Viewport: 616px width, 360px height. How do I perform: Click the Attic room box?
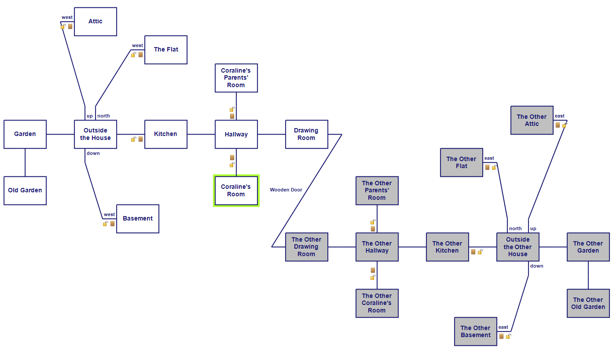click(x=95, y=22)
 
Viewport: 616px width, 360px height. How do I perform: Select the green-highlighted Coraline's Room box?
click(x=236, y=191)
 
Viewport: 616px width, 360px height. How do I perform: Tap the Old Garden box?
click(x=25, y=191)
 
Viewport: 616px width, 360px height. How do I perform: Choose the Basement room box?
click(x=138, y=219)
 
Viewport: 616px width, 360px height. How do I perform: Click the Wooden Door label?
click(x=286, y=190)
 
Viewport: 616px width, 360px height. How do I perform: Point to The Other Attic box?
click(x=532, y=120)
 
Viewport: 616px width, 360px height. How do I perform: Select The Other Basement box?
click(x=476, y=331)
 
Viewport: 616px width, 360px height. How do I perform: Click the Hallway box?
click(x=236, y=134)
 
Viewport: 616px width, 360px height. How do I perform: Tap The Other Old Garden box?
click(x=588, y=303)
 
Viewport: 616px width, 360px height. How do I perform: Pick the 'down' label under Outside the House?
click(x=93, y=153)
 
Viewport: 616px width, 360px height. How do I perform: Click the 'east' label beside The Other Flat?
click(x=489, y=158)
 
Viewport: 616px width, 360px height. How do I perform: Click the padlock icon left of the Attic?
click(x=63, y=26)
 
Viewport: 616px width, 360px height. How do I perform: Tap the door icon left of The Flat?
click(x=140, y=55)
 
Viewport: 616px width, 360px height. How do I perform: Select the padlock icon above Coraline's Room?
click(x=232, y=165)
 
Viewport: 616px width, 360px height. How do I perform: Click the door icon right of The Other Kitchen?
click(x=473, y=252)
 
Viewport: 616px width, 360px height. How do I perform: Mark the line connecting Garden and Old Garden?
click(x=25, y=162)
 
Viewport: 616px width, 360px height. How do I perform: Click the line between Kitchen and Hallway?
click(x=201, y=134)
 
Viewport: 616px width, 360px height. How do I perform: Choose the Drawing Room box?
click(x=307, y=134)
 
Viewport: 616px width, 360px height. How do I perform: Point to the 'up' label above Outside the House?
click(x=90, y=116)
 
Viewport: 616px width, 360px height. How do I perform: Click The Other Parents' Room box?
click(x=377, y=191)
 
